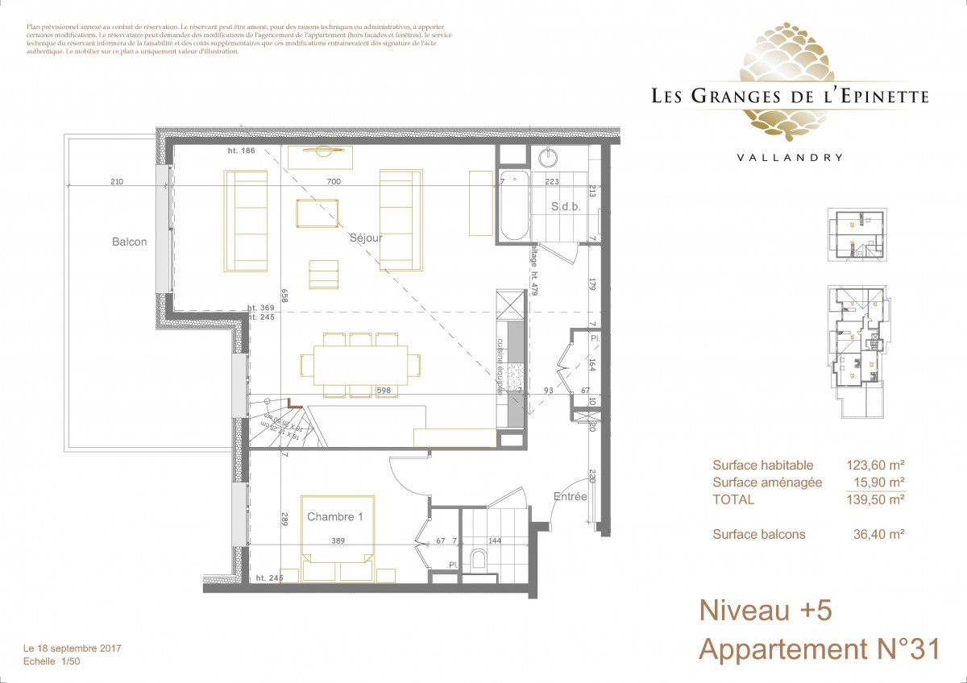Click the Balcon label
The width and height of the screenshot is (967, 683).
[x=130, y=242]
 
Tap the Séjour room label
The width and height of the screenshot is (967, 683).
[x=366, y=238]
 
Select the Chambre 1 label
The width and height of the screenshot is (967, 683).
[x=335, y=517]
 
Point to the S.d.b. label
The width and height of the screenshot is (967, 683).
[x=566, y=207]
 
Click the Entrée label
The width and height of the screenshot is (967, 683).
[x=570, y=497]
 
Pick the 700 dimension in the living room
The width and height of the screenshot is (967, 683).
[x=334, y=182]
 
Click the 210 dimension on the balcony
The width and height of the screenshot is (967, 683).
[x=117, y=182]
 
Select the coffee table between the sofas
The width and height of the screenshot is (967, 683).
[x=317, y=213]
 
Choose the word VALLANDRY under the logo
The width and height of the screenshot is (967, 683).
[x=790, y=158]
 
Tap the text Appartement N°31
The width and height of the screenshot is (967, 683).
[x=819, y=649]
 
